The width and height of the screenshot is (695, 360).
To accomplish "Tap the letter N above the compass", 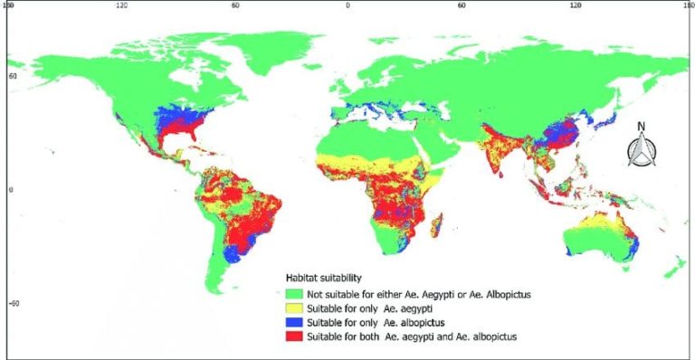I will [640, 126].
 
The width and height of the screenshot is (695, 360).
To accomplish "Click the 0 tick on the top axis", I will [347, 5].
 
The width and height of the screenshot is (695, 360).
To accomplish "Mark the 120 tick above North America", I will [121, 5].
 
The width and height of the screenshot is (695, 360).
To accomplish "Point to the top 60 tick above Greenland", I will [234, 5].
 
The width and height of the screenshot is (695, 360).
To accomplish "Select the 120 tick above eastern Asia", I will [575, 5].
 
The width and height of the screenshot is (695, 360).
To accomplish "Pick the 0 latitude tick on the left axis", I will [11, 190].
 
